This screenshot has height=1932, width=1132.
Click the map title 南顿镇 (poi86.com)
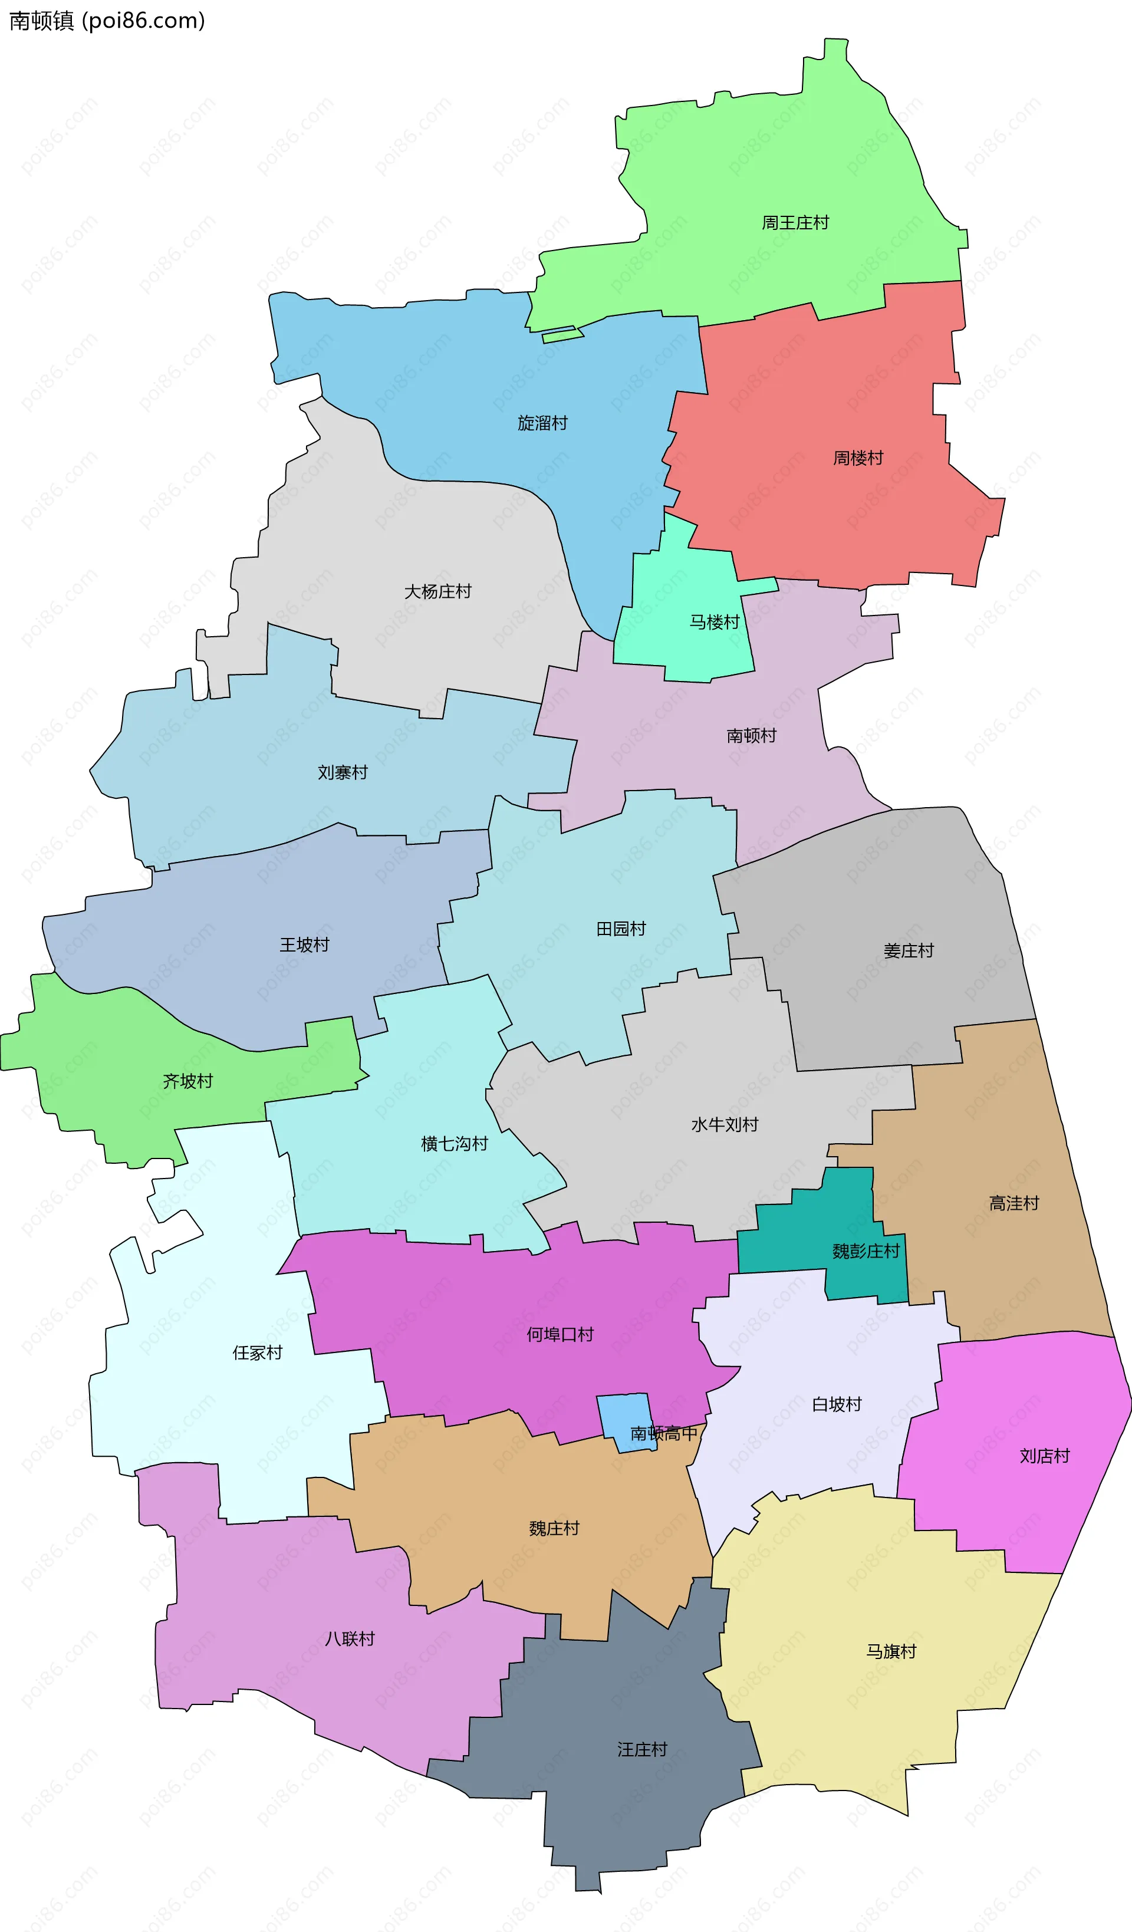pos(107,21)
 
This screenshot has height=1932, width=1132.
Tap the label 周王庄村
pos(795,223)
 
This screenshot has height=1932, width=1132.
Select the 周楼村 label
pos(858,459)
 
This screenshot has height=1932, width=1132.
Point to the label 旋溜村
pos(542,423)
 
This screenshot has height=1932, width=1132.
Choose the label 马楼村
pos(714,623)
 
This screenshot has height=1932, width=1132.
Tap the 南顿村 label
pos(752,736)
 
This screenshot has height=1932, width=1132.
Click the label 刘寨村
pos(343,773)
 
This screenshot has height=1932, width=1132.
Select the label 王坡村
pos(304,945)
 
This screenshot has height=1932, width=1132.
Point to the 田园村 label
pos(621,929)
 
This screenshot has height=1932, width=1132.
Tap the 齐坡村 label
pos(188,1082)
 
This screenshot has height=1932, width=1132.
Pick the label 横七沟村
pos(455,1144)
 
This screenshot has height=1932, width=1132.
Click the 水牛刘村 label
pos(725,1125)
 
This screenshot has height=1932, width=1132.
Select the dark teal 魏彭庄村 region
pos(813,1227)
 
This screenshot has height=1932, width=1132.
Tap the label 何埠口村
pos(560,1335)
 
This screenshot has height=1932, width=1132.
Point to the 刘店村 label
pos(1045,1456)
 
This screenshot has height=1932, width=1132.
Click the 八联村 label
pos(350,1639)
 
